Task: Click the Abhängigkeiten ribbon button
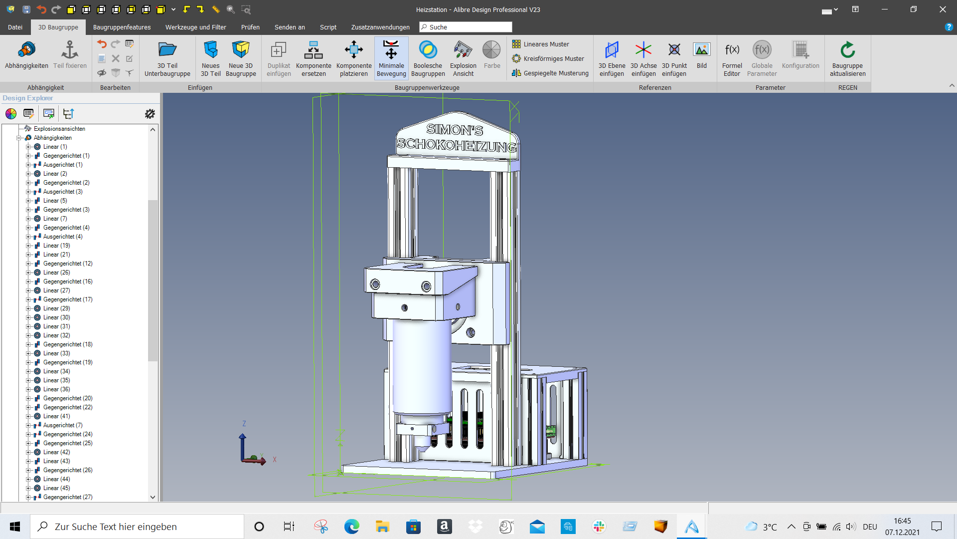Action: (26, 56)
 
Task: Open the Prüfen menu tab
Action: (250, 27)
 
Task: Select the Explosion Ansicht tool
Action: (463, 59)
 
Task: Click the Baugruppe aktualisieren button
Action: (847, 59)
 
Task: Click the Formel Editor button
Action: (732, 59)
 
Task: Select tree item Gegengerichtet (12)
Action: (68, 264)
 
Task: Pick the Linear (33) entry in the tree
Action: (57, 353)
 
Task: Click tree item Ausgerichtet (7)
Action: (63, 425)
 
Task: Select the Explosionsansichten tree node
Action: (59, 129)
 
